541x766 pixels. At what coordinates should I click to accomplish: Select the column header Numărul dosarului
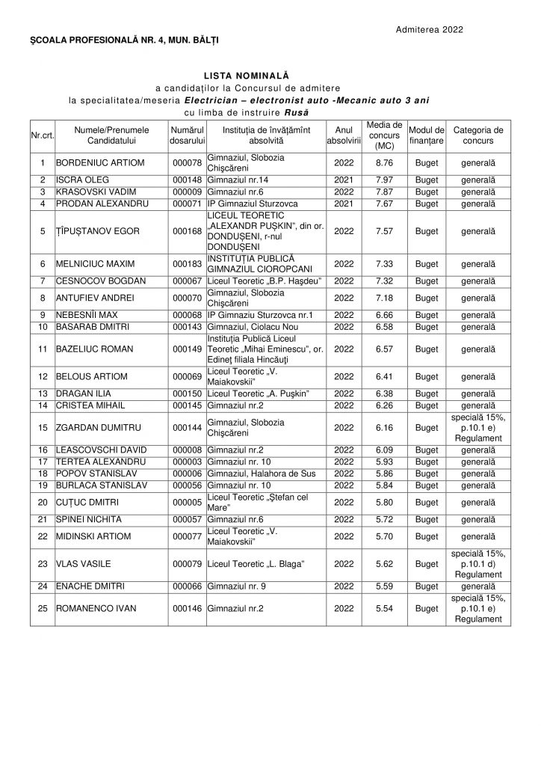[x=188, y=135]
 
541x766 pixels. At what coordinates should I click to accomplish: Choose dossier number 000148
[x=188, y=180]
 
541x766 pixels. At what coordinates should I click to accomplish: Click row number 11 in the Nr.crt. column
[x=40, y=348]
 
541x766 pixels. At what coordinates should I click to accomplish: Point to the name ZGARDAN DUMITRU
[x=93, y=428]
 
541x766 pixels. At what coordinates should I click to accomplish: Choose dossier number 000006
[x=188, y=474]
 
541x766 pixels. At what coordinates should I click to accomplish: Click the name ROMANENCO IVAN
[x=96, y=608]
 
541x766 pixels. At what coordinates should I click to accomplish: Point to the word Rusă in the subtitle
[x=294, y=112]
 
